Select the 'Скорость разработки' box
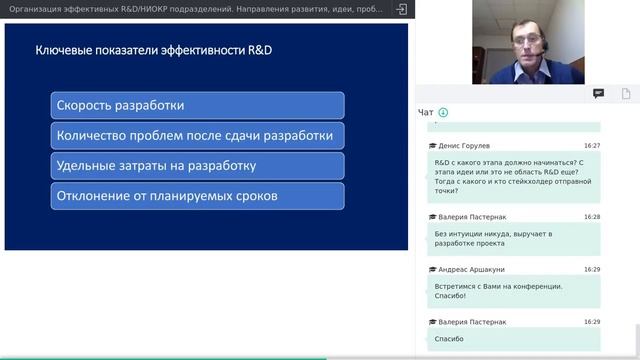tap(197, 105)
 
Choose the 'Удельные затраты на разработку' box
tap(197, 166)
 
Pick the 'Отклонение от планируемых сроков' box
tap(197, 196)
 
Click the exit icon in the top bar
tap(401, 9)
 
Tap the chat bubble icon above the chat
tap(598, 93)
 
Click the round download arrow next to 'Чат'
tap(443, 112)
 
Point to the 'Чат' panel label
tap(426, 112)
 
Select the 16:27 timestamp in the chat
tap(592, 145)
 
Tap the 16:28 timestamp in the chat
tap(592, 216)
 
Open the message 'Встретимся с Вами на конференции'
tap(498, 291)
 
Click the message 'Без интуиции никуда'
tap(493, 239)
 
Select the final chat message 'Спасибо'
tap(450, 340)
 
